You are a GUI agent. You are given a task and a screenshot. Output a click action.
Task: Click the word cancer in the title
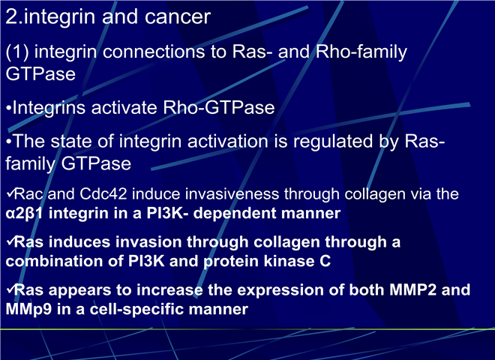pos(178,17)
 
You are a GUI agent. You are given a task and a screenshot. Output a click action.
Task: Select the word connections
pos(154,52)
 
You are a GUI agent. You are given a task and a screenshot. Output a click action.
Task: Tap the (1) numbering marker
pos(17,52)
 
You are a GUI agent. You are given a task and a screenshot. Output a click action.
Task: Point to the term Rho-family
pos(361,52)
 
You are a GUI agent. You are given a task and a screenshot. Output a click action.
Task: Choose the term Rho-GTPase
pos(219,107)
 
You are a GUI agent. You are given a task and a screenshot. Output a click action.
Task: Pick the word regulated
pos(333,141)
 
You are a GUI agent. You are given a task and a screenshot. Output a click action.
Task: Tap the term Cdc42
pos(103,193)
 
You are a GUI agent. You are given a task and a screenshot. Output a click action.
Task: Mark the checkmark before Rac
pos(10,193)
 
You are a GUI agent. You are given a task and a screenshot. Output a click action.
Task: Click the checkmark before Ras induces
pos(10,241)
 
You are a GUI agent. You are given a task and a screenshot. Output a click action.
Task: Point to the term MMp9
pos(28,310)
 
